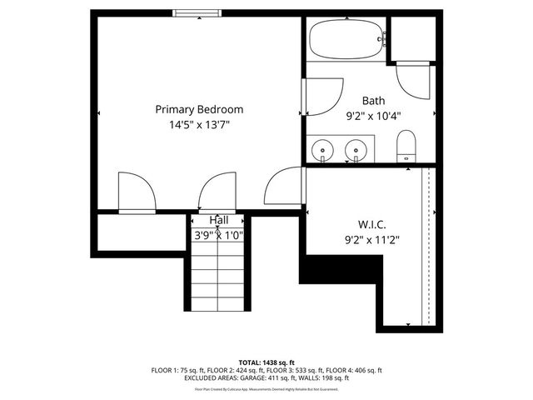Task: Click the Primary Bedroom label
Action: pos(199,109)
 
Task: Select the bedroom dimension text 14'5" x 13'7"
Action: pos(199,125)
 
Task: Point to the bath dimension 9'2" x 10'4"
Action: pos(373,117)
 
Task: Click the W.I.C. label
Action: pos(372,223)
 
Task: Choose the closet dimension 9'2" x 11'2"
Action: pos(372,240)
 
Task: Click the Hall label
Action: pos(219,220)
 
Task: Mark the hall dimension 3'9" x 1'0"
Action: pos(218,235)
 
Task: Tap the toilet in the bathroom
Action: pos(406,146)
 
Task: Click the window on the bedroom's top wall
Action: pos(197,12)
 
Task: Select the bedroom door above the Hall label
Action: pos(217,192)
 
